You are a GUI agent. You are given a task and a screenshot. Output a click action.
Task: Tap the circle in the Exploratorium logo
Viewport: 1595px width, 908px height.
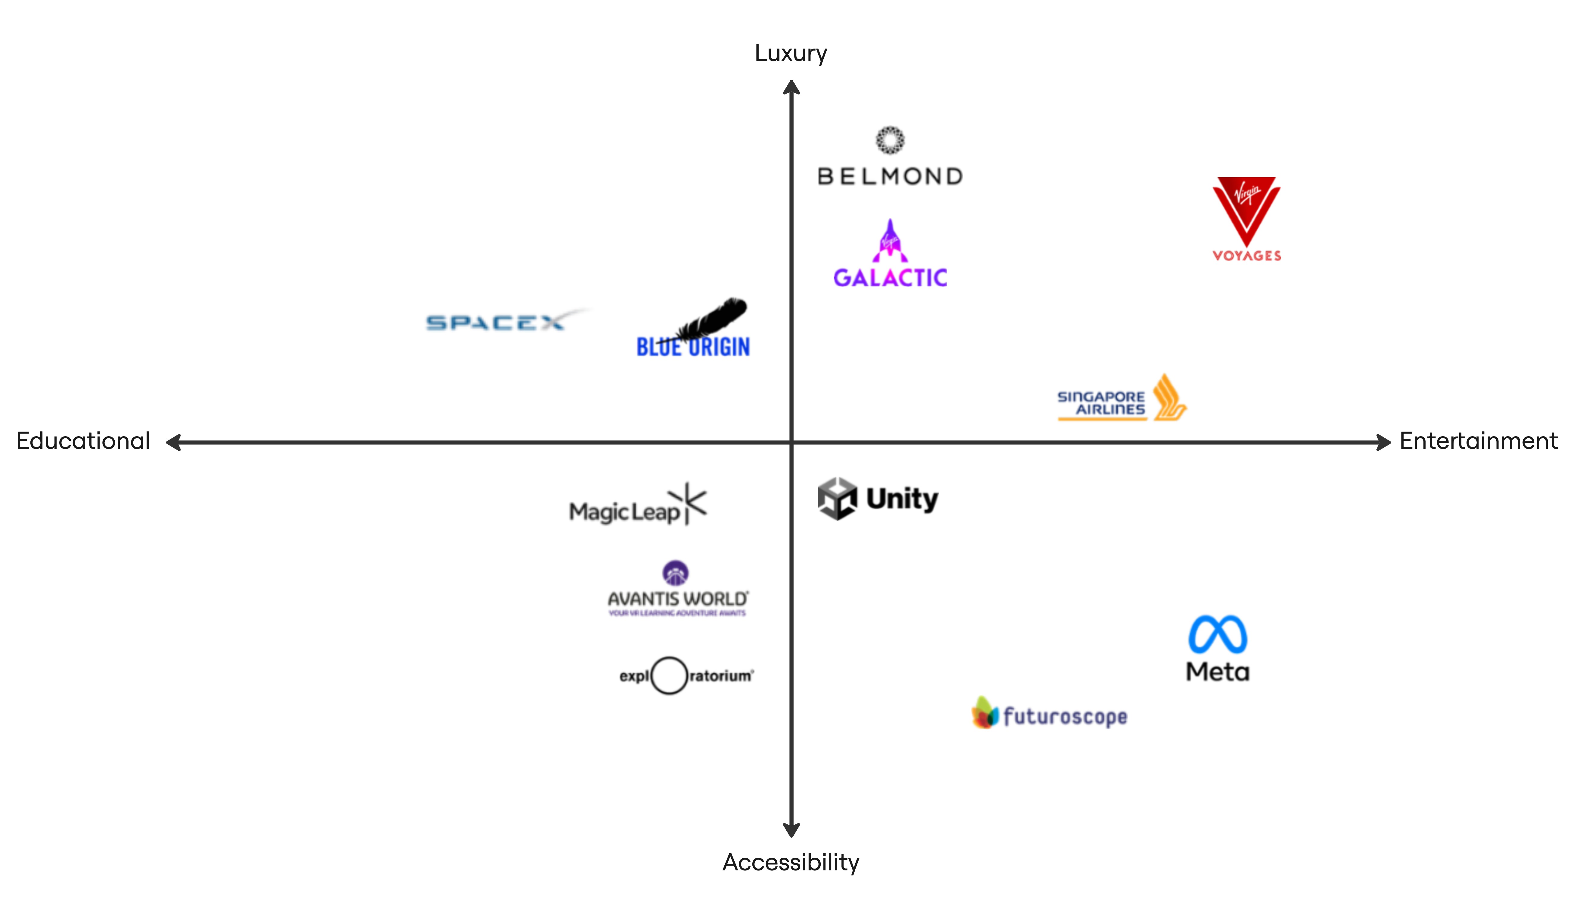[x=669, y=675]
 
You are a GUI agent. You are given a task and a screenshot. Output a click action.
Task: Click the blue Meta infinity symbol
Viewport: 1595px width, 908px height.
[x=1217, y=635]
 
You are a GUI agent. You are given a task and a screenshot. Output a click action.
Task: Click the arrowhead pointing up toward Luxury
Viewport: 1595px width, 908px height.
[x=791, y=87]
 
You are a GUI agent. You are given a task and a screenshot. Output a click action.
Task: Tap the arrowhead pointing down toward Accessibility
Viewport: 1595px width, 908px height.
[x=791, y=829]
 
